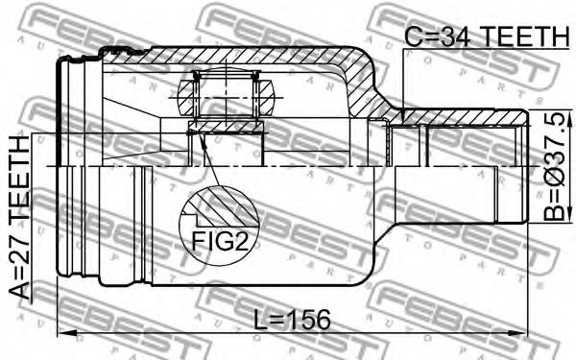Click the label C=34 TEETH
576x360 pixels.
(487, 36)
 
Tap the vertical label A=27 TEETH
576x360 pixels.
(19, 218)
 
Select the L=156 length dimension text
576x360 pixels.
(293, 320)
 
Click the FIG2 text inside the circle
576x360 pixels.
(220, 241)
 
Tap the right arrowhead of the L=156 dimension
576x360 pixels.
(518, 333)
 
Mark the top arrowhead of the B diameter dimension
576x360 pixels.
(569, 118)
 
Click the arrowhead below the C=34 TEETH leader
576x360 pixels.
(403, 116)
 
